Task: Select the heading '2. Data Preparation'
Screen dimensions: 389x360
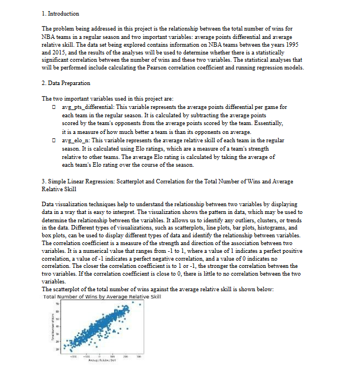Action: coord(66,83)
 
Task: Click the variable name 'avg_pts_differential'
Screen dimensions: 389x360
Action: coord(87,107)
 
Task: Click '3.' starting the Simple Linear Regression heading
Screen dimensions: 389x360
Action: coord(44,182)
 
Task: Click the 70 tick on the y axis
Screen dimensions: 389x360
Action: coord(56,304)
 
